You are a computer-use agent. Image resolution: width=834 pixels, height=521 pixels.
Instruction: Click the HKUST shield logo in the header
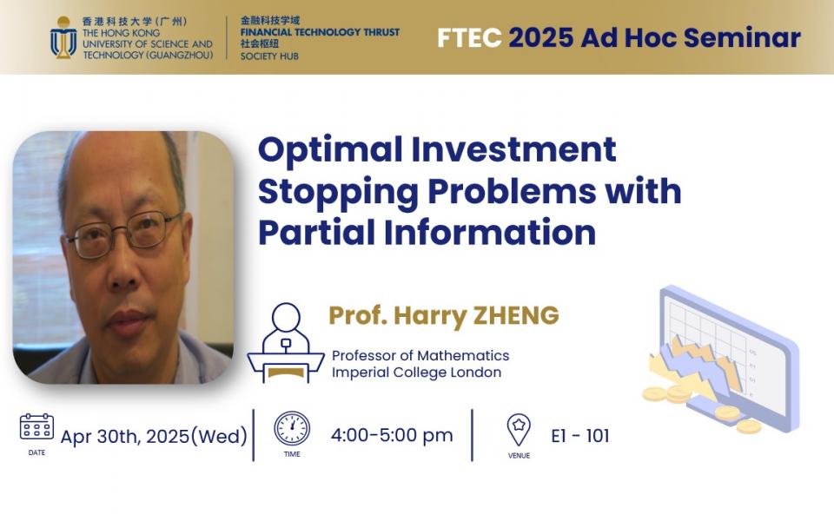(x=63, y=37)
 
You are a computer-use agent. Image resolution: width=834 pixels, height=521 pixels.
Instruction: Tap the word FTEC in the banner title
(x=469, y=37)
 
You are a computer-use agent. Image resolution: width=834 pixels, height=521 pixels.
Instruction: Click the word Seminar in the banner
(x=742, y=37)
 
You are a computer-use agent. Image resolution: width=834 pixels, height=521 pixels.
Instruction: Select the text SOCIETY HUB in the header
(x=269, y=56)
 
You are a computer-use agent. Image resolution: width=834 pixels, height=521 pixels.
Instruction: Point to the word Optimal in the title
(x=330, y=149)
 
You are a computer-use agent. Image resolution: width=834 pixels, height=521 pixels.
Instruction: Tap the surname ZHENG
(x=516, y=315)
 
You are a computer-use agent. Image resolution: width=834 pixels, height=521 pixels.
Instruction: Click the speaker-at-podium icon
(x=286, y=343)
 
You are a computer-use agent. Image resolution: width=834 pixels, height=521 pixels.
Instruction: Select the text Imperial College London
(x=416, y=373)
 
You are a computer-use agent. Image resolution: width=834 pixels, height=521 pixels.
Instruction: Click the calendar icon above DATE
(x=36, y=426)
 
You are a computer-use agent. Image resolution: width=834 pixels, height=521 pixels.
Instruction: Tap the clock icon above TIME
(x=292, y=428)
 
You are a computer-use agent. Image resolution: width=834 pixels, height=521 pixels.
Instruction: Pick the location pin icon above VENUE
(x=519, y=430)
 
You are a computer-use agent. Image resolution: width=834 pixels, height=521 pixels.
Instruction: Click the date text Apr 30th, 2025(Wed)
(x=155, y=437)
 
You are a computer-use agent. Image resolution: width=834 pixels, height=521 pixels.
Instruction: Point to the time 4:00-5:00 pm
(x=392, y=435)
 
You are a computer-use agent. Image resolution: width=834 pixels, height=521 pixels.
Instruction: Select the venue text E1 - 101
(x=580, y=436)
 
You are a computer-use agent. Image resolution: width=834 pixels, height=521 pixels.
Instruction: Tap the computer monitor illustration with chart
(x=729, y=357)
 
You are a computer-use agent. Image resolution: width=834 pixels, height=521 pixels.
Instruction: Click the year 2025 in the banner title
(x=541, y=37)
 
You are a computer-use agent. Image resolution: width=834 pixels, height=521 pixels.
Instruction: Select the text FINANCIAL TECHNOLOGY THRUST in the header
(x=320, y=32)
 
